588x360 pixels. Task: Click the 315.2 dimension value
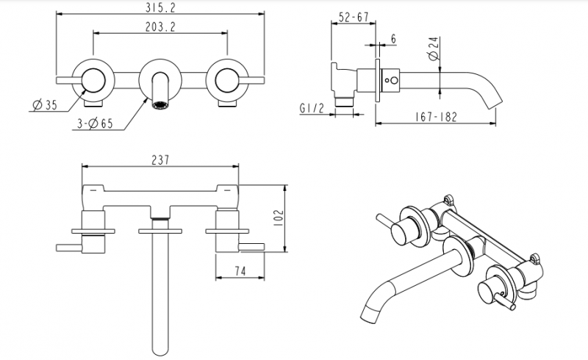click(160, 7)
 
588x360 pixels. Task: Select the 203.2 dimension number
click(160, 26)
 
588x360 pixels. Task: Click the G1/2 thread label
click(313, 109)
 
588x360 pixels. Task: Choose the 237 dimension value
click(159, 159)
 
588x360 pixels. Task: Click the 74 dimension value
click(240, 270)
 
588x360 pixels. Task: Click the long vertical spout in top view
click(159, 294)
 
